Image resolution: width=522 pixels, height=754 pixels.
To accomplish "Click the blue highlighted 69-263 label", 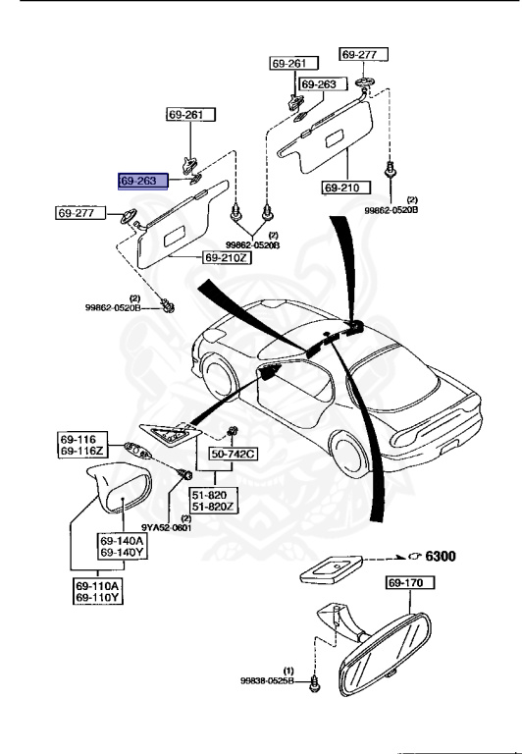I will (x=144, y=181).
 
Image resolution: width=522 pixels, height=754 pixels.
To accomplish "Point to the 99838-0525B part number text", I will (x=267, y=679).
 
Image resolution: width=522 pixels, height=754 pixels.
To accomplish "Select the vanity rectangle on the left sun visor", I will (x=183, y=235).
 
